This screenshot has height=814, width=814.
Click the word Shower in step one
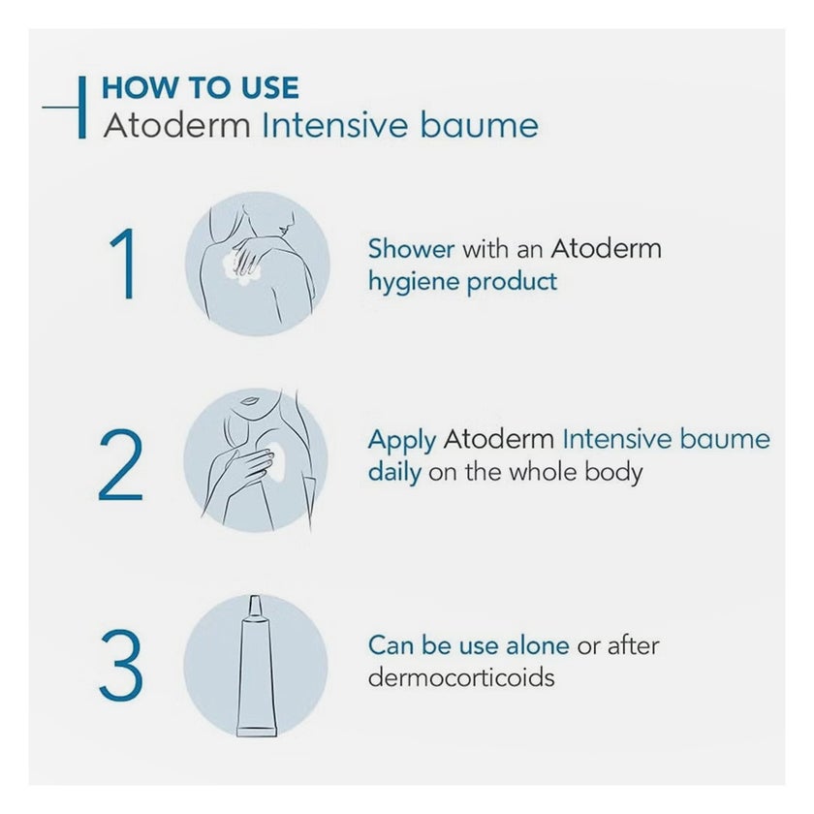pyautogui.click(x=411, y=248)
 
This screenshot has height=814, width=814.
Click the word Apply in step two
pyautogui.click(x=401, y=441)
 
